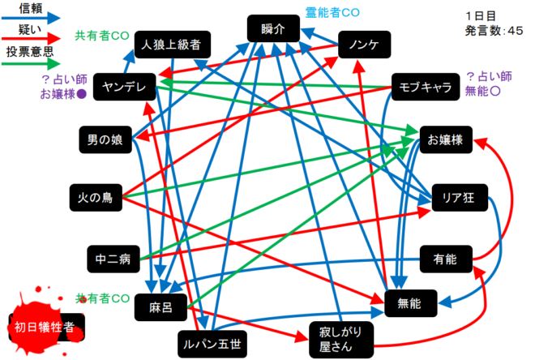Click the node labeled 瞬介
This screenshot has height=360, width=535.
274,30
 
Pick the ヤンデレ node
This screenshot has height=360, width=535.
124,87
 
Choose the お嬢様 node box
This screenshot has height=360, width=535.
446,140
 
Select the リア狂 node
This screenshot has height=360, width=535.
447,197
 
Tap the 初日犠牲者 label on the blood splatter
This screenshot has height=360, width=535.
45,327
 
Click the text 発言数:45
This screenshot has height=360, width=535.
494,31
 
